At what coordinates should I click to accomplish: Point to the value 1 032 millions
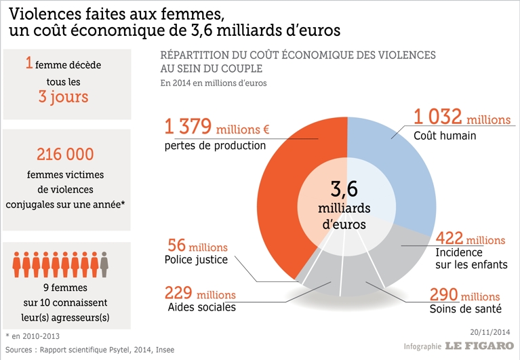pos(462,119)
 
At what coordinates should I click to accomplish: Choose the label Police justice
pos(195,259)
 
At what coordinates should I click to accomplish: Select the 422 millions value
pos(471,239)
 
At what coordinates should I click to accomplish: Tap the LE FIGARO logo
pos(479,345)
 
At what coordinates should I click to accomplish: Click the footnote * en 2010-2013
pos(34,336)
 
